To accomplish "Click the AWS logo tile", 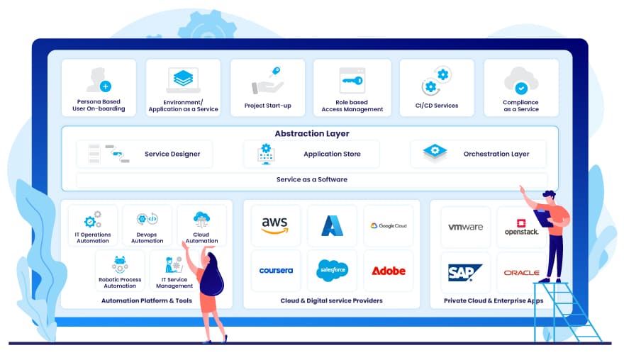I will tap(274, 225).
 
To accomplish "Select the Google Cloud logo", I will tap(388, 225).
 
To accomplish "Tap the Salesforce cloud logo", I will tap(332, 270).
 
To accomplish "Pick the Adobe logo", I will tap(388, 271).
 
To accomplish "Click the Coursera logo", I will tap(276, 271).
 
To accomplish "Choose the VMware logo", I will tap(465, 227).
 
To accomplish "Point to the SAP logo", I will tap(464, 271).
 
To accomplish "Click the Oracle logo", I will tap(521, 272).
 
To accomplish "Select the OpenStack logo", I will tap(521, 227).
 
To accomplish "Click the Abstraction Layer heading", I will tap(312, 133).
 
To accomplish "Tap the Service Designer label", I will tap(172, 154).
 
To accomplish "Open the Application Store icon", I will tap(267, 153).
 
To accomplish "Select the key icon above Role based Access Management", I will tap(352, 81).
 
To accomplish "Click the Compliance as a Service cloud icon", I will tap(520, 81).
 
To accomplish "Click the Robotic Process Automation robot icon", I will tap(120, 264).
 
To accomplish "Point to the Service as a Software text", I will tap(312, 179).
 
